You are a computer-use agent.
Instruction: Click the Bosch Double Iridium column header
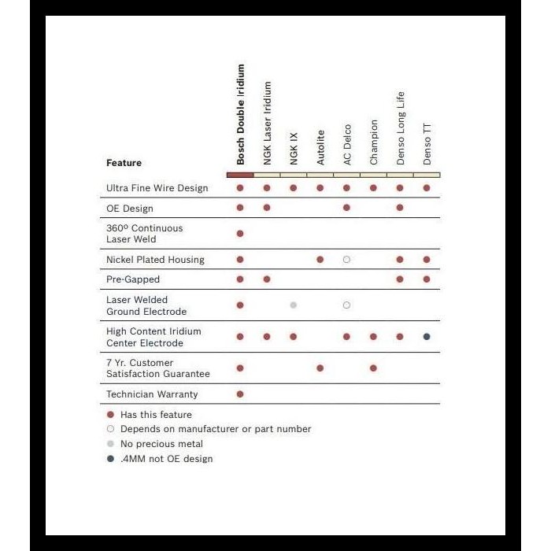coord(241,114)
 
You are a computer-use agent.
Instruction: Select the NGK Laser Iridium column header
coord(268,123)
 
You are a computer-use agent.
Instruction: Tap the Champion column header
coord(374,142)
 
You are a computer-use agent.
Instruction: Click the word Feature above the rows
coord(124,163)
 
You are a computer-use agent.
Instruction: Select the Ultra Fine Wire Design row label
coord(157,188)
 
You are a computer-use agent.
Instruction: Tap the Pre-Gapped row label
coord(132,279)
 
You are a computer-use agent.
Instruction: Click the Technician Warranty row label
coord(152,394)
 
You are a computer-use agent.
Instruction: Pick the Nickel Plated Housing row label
coord(155,260)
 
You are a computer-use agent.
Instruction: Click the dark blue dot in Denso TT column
coord(427,337)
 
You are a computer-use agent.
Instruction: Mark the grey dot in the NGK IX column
coord(294,305)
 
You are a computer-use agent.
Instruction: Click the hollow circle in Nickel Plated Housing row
coord(346,260)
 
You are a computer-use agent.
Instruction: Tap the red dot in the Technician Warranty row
coord(240,394)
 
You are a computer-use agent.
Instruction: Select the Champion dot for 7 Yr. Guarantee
coord(373,368)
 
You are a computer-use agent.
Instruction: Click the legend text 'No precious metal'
coord(161,444)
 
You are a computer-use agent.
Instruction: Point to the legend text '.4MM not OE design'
coord(166,459)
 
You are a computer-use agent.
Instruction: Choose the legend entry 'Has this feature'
coord(156,415)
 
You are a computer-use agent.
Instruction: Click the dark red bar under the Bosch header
coord(240,175)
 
